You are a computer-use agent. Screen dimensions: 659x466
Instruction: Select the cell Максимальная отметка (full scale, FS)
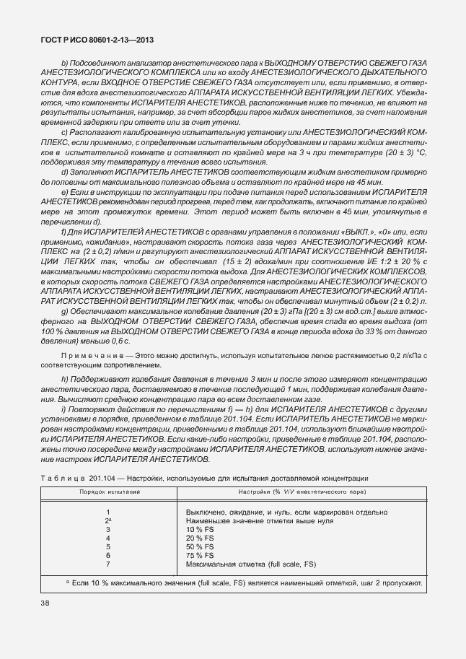[x=250, y=564]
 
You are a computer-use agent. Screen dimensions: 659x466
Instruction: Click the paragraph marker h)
[x=66, y=380]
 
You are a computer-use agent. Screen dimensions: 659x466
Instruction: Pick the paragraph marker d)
[x=66, y=172]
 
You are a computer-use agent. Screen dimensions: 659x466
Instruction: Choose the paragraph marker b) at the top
[x=66, y=64]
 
